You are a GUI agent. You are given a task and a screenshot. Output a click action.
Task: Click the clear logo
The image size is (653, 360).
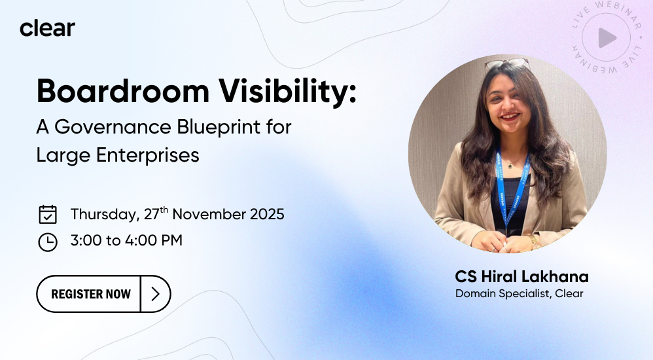pos(48,28)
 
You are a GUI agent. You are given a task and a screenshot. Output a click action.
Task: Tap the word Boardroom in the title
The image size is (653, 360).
pos(123,91)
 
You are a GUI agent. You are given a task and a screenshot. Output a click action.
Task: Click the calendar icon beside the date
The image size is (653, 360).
pos(48,214)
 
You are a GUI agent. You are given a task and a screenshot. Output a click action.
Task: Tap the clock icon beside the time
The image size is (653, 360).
pos(48,242)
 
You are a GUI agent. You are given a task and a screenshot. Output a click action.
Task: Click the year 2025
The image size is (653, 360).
pos(267,214)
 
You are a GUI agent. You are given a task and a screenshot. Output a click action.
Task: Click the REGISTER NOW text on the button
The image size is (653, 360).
pos(91,294)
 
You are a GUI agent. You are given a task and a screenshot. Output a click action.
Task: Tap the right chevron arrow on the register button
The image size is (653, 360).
pos(155,294)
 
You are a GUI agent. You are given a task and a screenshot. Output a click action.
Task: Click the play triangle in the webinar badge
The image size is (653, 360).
pos(607,38)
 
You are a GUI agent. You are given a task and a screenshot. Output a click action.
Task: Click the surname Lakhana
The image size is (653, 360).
pos(555,277)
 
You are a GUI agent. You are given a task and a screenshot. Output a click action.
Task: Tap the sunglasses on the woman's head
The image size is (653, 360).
pos(507,63)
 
